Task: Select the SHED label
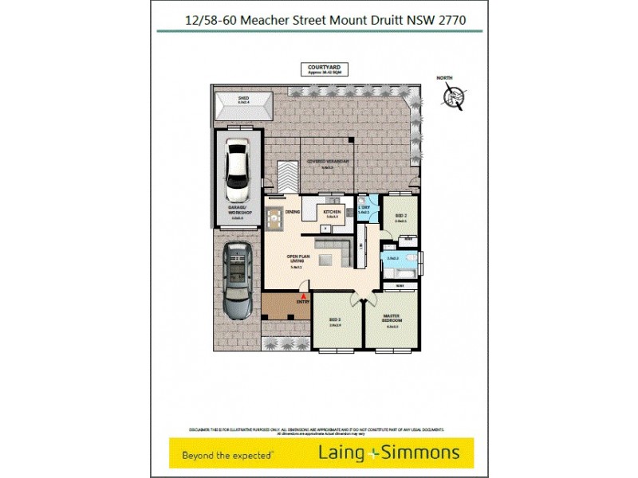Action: point(243,100)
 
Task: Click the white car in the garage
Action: point(238,170)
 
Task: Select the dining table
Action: point(274,217)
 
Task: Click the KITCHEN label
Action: point(331,213)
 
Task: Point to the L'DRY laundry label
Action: point(363,210)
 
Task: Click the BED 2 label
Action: point(400,218)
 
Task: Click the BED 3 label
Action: point(335,322)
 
